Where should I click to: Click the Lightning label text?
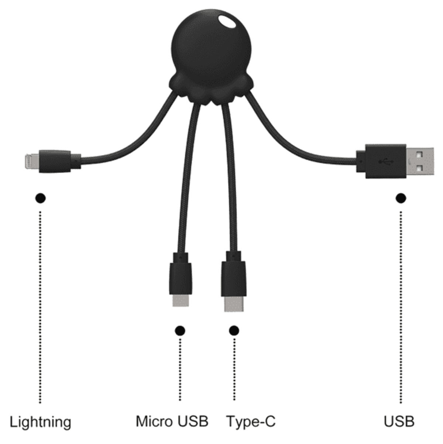point(40,422)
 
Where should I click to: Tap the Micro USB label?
point(172,421)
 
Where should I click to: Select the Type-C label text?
point(251,422)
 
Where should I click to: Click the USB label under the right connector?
point(399,422)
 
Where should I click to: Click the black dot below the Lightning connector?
point(40,198)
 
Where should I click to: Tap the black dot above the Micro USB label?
point(180,331)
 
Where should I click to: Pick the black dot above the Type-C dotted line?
point(234,330)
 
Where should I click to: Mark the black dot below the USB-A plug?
point(401,198)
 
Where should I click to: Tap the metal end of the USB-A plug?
point(420,161)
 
